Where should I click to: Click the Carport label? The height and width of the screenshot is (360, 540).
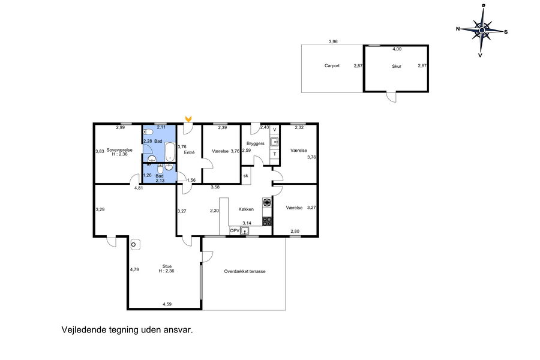click(332, 65)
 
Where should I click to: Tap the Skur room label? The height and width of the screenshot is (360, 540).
click(397, 66)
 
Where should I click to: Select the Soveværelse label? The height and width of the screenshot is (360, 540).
click(119, 150)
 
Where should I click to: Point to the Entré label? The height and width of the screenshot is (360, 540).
click(189, 152)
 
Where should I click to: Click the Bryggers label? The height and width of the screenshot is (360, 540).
click(256, 143)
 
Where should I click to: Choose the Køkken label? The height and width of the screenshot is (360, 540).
click(246, 209)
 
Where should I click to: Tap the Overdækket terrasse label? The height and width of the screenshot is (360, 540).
click(245, 271)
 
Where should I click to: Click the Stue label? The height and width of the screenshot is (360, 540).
click(167, 266)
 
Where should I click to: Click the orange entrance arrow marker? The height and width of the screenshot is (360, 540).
click(188, 119)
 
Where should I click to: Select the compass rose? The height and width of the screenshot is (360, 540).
click(482, 31)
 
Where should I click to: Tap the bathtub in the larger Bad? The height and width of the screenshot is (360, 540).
click(170, 152)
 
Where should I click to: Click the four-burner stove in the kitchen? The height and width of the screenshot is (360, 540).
click(267, 221)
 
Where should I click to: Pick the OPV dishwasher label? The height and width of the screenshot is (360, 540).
click(235, 230)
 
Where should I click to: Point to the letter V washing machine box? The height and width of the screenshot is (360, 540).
click(274, 130)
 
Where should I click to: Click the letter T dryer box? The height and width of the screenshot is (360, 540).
click(274, 154)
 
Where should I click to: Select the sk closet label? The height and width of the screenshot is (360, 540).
click(245, 176)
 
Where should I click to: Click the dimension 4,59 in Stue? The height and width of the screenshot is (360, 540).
click(167, 304)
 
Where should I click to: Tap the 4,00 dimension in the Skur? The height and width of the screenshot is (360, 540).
click(397, 49)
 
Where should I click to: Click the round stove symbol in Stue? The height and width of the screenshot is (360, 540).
click(134, 245)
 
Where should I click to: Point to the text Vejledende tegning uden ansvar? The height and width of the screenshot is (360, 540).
click(127, 329)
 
